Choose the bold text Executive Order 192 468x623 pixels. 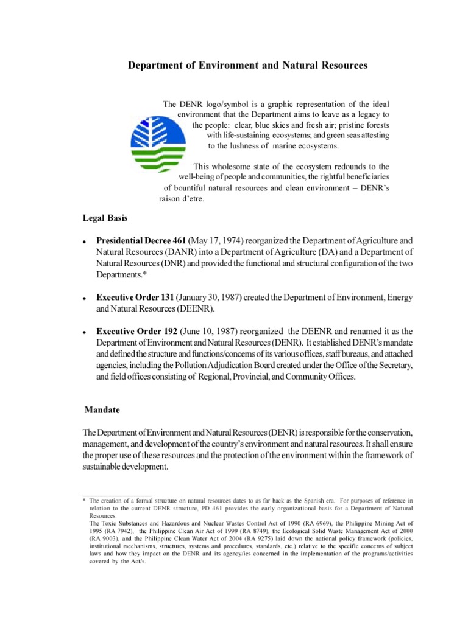135,331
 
